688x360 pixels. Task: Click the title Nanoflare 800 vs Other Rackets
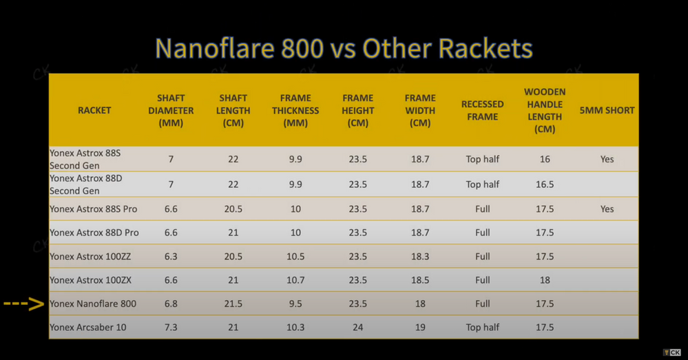click(x=344, y=49)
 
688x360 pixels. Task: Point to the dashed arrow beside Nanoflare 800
click(x=24, y=304)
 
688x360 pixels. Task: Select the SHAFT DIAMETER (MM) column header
click(x=171, y=110)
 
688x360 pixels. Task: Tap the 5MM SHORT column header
click(x=607, y=110)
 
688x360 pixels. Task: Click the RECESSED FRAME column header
click(x=482, y=110)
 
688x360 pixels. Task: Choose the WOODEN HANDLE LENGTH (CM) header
click(x=545, y=110)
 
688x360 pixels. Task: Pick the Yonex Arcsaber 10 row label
click(x=87, y=327)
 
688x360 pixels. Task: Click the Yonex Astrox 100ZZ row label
click(x=90, y=256)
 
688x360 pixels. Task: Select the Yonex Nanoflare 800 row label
click(x=93, y=304)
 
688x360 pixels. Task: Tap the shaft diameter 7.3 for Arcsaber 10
click(x=171, y=327)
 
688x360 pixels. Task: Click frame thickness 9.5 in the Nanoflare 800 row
click(x=295, y=304)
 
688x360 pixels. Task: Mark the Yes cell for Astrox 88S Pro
click(x=607, y=209)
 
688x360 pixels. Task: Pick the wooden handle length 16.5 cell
click(x=545, y=184)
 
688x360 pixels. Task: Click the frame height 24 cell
click(x=358, y=327)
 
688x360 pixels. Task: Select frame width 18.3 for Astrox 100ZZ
click(x=420, y=256)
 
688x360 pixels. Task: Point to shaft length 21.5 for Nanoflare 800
click(x=233, y=304)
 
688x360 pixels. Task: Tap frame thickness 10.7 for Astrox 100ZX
click(x=295, y=280)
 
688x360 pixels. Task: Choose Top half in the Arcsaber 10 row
click(x=482, y=327)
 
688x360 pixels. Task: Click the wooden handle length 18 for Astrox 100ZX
click(x=545, y=280)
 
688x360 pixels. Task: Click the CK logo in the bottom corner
click(x=671, y=352)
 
